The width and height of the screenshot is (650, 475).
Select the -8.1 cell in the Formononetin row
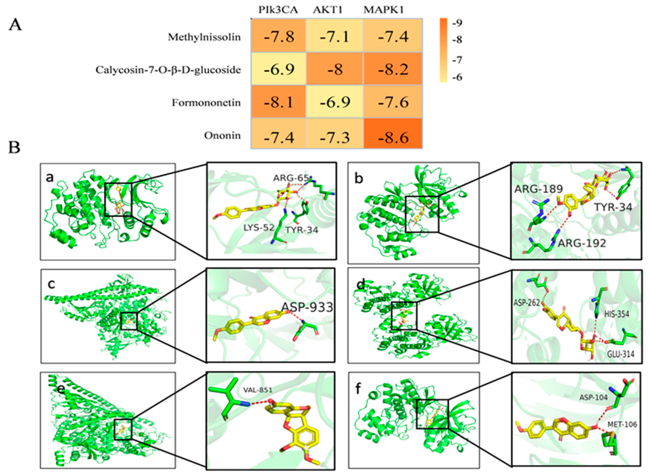coord(278,102)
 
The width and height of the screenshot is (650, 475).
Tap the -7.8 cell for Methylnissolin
coord(278,36)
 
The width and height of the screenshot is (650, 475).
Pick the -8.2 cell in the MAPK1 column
coord(393,69)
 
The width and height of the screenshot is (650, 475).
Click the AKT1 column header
coord(328,10)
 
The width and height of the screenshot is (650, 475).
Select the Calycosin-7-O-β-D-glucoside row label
coord(168,70)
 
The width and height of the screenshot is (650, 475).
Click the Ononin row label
coord(222,135)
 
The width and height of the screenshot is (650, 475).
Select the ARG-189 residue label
coord(538,189)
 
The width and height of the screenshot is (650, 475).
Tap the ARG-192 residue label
coord(582,243)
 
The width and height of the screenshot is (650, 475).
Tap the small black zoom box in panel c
coord(129,321)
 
